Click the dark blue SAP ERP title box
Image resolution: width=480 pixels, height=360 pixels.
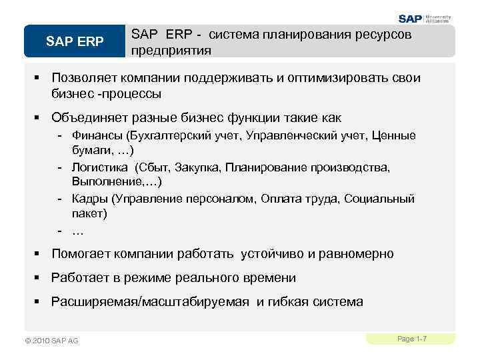(75, 41)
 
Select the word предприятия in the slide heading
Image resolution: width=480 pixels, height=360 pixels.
(171, 50)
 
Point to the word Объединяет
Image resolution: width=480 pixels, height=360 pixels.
(88, 118)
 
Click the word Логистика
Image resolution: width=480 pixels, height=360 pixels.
(101, 167)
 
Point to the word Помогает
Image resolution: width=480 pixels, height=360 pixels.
(81, 254)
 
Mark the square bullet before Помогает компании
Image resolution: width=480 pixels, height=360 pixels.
(39, 254)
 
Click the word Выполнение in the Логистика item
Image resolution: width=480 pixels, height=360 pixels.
(110, 181)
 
